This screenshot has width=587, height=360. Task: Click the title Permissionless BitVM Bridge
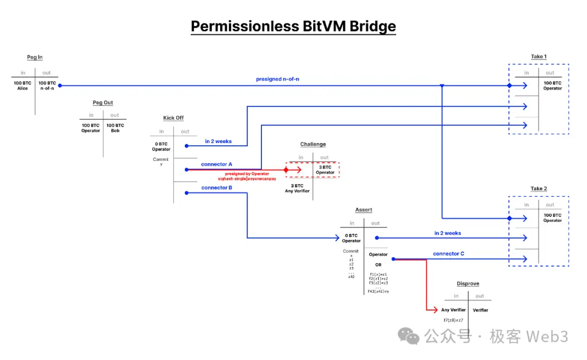pyautogui.click(x=293, y=26)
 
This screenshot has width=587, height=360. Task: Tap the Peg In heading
pyautogui.click(x=35, y=57)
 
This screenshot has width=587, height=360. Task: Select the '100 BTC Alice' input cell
pyautogui.click(x=22, y=85)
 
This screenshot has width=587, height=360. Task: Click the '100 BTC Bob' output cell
pyautogui.click(x=115, y=128)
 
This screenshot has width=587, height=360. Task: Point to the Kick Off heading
pyautogui.click(x=173, y=118)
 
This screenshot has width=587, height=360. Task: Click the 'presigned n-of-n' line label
pyautogui.click(x=277, y=79)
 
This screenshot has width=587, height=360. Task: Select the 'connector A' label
pyautogui.click(x=216, y=164)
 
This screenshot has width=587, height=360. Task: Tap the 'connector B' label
pyautogui.click(x=216, y=188)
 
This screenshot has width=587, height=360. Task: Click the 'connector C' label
pyautogui.click(x=448, y=254)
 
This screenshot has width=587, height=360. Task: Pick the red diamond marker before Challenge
pyautogui.click(x=286, y=170)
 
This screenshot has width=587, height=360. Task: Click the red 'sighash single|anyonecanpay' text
pyautogui.click(x=247, y=178)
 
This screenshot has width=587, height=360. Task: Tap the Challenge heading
pyautogui.click(x=313, y=144)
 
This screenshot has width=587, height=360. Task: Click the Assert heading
pyautogui.click(x=364, y=210)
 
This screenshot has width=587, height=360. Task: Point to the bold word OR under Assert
pyautogui.click(x=378, y=265)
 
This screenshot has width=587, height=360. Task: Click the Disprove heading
pyautogui.click(x=467, y=284)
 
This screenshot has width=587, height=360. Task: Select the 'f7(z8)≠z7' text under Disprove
pyautogui.click(x=453, y=320)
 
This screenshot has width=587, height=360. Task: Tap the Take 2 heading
pyautogui.click(x=539, y=189)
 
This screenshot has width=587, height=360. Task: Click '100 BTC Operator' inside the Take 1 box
pyautogui.click(x=552, y=85)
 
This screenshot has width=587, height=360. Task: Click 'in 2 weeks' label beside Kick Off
pyautogui.click(x=218, y=141)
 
